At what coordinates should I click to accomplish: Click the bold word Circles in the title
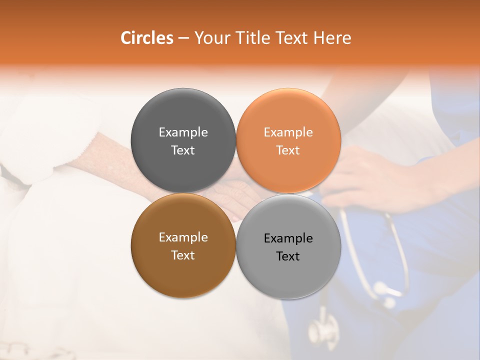point(147,38)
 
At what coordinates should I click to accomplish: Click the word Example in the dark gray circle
point(183,132)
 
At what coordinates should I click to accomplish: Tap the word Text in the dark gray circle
point(183,150)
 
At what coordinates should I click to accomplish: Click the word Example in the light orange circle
point(288,132)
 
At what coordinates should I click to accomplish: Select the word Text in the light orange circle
point(288,150)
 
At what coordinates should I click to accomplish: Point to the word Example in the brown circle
point(183,237)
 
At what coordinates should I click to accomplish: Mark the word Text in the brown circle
point(183,255)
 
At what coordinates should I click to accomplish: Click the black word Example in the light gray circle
point(288,238)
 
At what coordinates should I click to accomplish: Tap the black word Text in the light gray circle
point(288,256)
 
